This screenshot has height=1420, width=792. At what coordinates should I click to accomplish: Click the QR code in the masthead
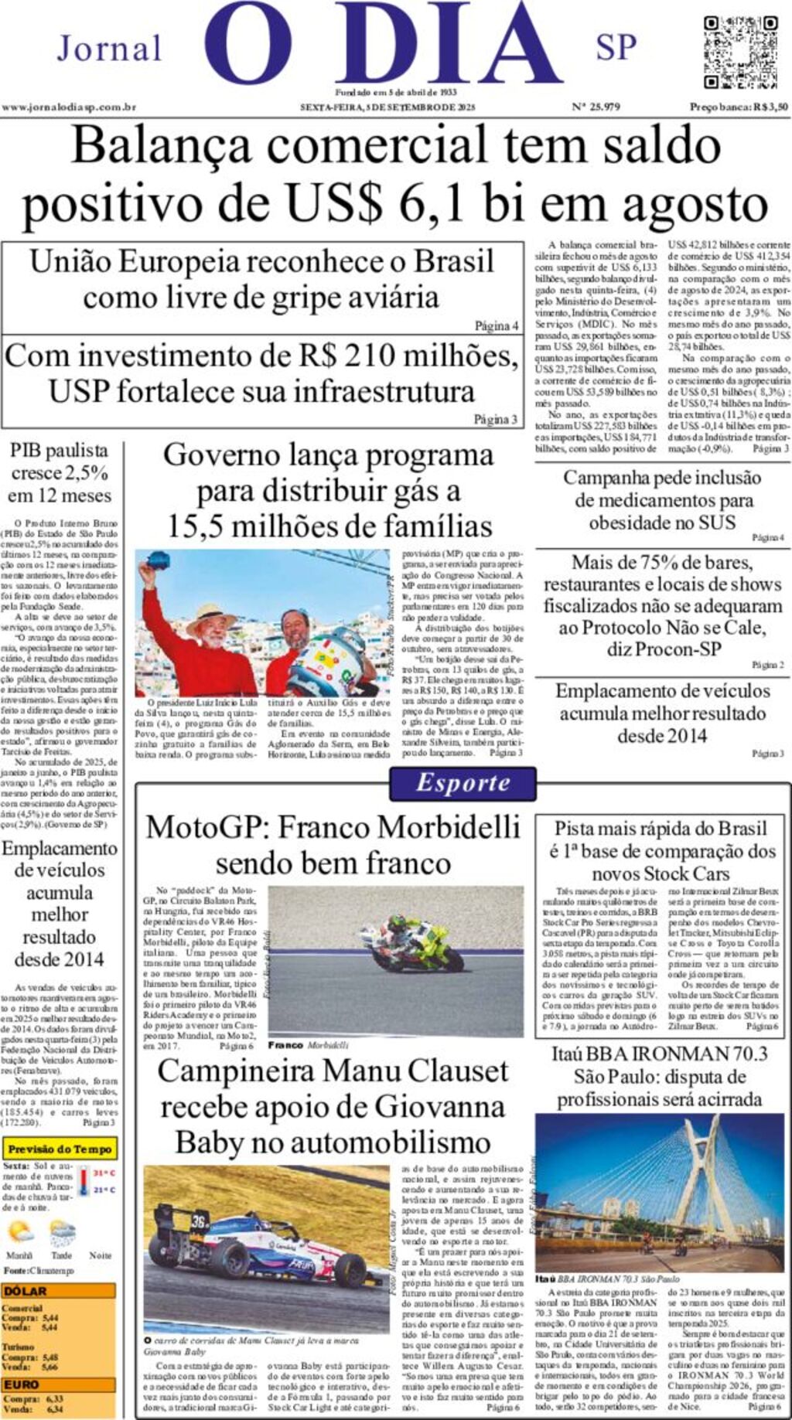click(x=740, y=52)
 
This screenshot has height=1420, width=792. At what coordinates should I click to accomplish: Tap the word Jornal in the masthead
click(x=109, y=49)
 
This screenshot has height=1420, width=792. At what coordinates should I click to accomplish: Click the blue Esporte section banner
click(x=463, y=783)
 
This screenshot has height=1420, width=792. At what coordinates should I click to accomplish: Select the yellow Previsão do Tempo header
click(x=60, y=1149)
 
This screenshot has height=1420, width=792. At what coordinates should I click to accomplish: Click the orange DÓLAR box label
click(x=25, y=1291)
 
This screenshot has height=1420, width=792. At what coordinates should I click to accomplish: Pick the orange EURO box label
click(x=22, y=1384)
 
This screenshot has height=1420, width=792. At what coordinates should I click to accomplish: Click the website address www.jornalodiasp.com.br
click(x=69, y=107)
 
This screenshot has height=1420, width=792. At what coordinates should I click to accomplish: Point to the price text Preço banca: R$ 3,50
click(x=739, y=107)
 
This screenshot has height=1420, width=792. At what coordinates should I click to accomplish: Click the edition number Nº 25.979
click(x=596, y=107)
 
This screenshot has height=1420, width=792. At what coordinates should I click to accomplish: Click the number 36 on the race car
click(x=200, y=1221)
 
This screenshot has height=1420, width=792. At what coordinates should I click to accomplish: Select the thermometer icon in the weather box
click(x=84, y=1182)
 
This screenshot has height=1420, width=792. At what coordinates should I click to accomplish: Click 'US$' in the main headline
click(x=333, y=204)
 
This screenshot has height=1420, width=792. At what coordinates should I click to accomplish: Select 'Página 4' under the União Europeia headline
click(x=496, y=326)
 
